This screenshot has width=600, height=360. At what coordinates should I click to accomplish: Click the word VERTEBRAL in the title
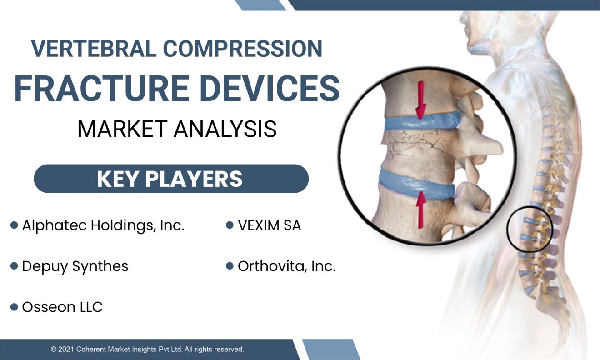click(x=94, y=49)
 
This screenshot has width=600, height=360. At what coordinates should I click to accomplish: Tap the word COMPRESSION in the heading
click(x=243, y=49)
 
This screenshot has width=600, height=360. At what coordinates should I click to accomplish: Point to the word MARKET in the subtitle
click(x=123, y=129)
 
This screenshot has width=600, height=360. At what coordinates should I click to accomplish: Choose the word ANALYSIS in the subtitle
click(x=225, y=129)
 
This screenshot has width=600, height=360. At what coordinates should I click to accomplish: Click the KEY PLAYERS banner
click(x=171, y=179)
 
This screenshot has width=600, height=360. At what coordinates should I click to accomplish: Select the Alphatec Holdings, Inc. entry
click(x=103, y=225)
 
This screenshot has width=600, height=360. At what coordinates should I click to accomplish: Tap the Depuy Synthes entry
click(x=75, y=267)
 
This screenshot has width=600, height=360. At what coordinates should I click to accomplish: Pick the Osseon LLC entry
click(x=62, y=307)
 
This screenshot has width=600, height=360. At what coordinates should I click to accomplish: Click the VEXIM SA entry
click(x=270, y=225)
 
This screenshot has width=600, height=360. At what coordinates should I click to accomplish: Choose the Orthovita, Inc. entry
click(x=287, y=266)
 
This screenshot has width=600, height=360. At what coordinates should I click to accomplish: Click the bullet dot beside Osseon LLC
click(x=14, y=307)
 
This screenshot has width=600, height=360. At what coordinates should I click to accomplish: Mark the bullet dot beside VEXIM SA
click(x=230, y=225)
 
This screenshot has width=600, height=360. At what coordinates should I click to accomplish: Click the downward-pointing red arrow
click(x=421, y=100)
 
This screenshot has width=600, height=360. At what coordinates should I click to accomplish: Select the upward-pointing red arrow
click(x=421, y=210)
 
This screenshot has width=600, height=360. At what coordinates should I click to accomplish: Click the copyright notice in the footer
click(x=147, y=349)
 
